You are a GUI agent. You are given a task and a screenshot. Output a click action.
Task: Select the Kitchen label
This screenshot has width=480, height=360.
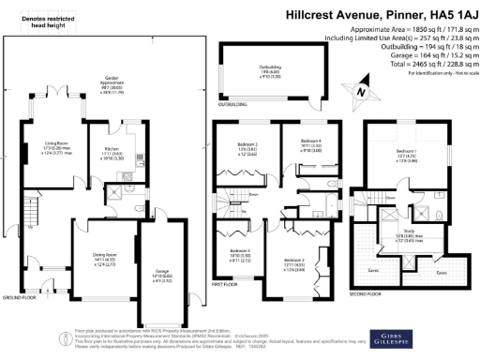coord(111,151)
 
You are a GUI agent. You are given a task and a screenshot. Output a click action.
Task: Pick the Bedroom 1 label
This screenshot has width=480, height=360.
coord(406,151)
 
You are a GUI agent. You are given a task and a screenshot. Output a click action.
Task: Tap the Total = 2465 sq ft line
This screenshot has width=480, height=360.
coord(418,57)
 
